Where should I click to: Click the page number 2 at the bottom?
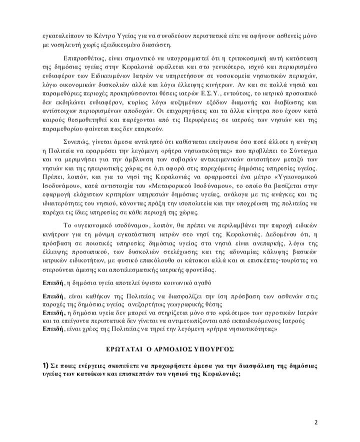click(x=316, y=422)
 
